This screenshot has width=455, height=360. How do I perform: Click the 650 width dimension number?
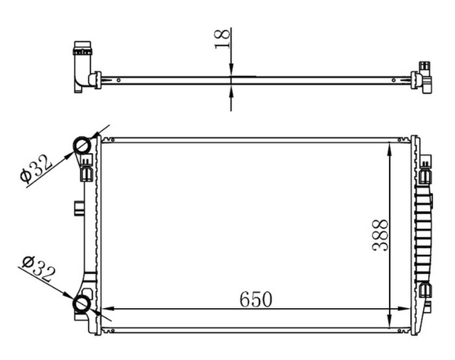(x=256, y=300)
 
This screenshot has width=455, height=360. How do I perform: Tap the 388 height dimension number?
(x=380, y=235)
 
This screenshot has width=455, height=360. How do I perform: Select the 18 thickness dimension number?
(x=223, y=39)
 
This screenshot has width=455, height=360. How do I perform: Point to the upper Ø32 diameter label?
(x=36, y=169)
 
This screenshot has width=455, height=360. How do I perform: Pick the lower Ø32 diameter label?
(x=39, y=269)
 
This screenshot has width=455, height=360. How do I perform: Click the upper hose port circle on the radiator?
(x=82, y=146)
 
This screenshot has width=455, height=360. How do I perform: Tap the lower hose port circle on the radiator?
(x=82, y=304)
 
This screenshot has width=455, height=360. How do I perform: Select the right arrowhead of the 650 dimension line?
(x=404, y=309)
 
